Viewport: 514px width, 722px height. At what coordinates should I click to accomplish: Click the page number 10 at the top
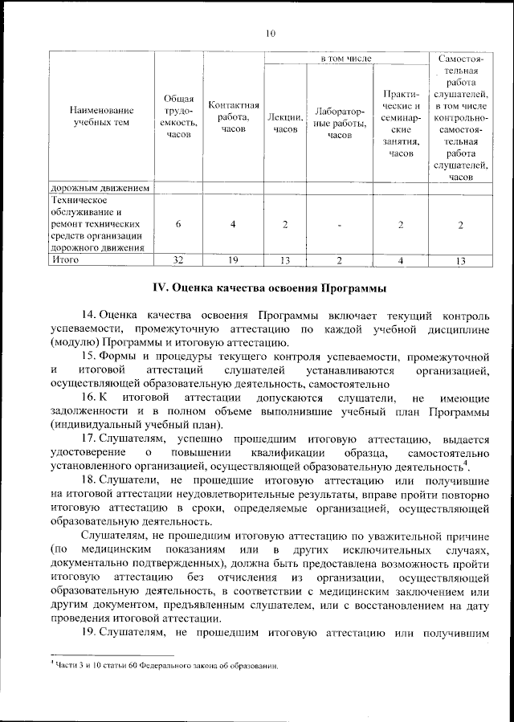coord(270,33)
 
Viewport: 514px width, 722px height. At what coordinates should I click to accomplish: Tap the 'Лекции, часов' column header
coord(285,123)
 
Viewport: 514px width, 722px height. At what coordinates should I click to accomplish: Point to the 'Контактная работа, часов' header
coord(233,116)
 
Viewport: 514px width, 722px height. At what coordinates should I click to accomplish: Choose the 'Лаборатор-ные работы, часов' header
coord(340,123)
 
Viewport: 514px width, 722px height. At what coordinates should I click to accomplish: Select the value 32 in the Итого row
coord(178,260)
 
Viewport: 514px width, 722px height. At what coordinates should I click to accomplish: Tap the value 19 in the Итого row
coord(233,260)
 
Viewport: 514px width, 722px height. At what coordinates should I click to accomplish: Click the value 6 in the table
coord(178,224)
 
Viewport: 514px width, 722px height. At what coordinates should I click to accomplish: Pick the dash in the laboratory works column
coord(340,225)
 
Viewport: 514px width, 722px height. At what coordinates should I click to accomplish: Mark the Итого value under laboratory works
coord(340,260)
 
